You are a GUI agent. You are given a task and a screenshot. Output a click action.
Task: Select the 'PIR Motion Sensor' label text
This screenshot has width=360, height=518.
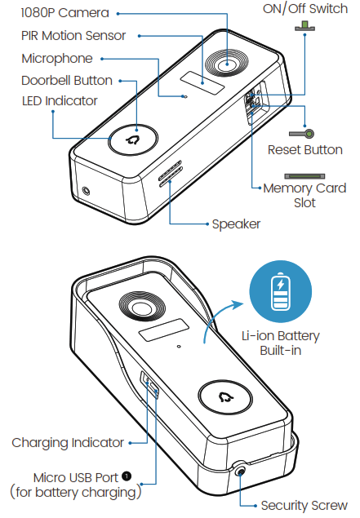(73, 36)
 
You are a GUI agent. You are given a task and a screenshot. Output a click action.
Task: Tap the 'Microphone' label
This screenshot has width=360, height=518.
(57, 59)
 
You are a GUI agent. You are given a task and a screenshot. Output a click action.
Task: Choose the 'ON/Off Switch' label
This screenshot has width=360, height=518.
(305, 9)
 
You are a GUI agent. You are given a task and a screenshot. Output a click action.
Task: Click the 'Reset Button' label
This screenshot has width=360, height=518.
(304, 150)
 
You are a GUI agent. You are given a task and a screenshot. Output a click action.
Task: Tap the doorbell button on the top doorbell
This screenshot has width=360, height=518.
(134, 139)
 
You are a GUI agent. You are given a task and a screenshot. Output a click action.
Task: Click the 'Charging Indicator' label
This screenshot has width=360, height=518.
(68, 443)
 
